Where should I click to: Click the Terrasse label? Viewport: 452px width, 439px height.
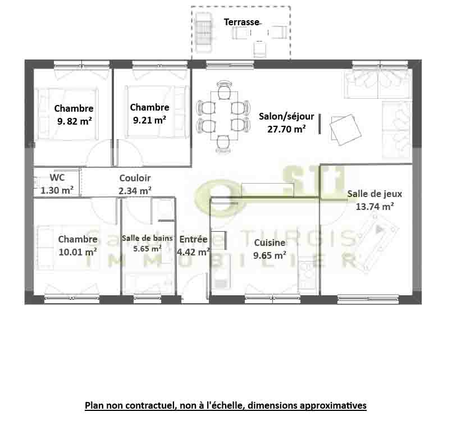[241, 22]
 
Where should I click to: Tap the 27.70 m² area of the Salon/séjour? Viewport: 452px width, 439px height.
[286, 129]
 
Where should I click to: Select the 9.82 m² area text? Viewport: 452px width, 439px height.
[74, 121]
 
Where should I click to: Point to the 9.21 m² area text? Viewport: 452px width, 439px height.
[149, 120]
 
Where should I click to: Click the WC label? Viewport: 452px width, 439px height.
[57, 177]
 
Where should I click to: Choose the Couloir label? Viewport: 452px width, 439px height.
[135, 178]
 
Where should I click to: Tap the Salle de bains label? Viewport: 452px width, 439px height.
[147, 238]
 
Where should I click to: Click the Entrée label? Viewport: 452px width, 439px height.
[193, 239]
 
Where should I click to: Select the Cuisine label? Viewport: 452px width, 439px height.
[270, 243]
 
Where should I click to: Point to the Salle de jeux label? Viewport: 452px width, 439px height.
[375, 194]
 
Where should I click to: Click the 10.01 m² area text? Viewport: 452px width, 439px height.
[77, 252]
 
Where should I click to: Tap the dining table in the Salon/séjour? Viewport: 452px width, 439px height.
[224, 116]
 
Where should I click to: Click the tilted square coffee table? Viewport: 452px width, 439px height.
[346, 130]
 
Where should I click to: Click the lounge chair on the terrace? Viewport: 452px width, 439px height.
[204, 33]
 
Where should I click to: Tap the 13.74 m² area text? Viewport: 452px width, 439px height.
[375, 207]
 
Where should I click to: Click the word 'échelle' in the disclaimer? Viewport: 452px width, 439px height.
[230, 405]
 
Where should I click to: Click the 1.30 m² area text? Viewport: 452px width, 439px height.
[57, 190]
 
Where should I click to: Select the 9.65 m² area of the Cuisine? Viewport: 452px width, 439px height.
[270, 255]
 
